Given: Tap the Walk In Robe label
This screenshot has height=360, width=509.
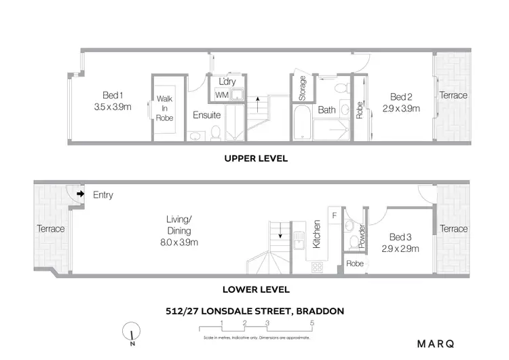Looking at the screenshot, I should coord(165,108).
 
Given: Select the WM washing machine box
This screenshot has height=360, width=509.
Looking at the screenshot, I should coord(222,94).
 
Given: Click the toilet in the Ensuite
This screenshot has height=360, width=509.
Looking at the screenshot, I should coord(216,132).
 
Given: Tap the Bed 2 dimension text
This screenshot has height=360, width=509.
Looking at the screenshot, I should coord(400,108).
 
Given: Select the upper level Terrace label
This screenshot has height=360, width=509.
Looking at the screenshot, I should coord(453,95).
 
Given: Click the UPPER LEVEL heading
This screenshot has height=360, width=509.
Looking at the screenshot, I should coord(257,158).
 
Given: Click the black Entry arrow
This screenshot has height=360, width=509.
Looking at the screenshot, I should coord(79,194).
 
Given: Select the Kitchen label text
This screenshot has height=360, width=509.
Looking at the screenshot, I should coord(316,234).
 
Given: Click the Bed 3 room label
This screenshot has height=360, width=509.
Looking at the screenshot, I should coord(400,237).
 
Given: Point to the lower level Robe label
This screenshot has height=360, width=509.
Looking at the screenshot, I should coord(354,263).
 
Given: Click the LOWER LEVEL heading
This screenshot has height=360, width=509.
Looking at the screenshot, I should coord(257,289).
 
